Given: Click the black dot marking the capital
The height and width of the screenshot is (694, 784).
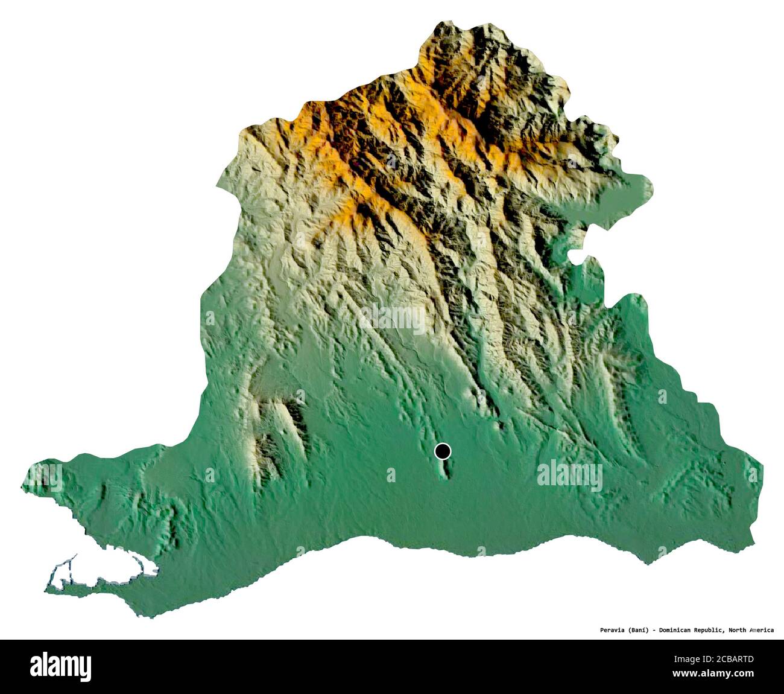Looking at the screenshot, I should tap(443, 451).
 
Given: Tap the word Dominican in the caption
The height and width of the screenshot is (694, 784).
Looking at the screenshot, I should tap(681, 630).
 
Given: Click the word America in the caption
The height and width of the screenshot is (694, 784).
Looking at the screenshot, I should tap(762, 630).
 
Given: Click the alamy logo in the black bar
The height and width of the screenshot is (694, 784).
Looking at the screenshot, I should tap(60, 666).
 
